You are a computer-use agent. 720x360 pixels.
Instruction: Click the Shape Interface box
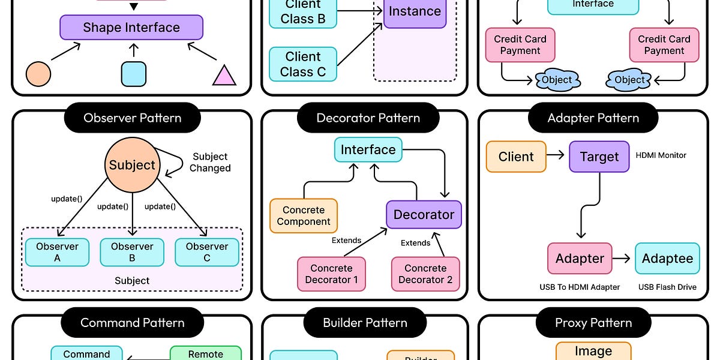click(131, 28)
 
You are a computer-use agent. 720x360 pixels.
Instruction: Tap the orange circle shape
click(38, 74)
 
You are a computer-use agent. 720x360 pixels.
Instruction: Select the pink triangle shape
click(224, 76)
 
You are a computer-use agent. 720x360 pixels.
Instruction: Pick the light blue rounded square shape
click(133, 74)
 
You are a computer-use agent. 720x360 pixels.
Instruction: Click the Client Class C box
click(303, 64)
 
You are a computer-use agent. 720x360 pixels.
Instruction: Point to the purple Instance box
click(415, 11)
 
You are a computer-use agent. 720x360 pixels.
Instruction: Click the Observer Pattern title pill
click(132, 118)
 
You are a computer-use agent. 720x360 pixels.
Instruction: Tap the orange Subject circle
click(132, 165)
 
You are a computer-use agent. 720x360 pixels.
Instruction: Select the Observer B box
click(132, 252)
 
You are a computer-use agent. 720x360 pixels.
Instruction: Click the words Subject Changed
click(210, 163)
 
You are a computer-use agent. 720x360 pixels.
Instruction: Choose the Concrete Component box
click(304, 216)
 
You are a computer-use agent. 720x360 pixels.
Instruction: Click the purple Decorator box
click(424, 214)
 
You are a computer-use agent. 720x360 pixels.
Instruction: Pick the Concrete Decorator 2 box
click(425, 274)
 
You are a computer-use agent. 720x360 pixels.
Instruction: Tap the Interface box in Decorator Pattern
click(368, 150)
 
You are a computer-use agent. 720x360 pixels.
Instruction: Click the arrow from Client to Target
click(556, 156)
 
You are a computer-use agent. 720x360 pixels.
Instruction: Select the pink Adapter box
click(580, 259)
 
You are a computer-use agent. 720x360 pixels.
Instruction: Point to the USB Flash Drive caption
click(667, 287)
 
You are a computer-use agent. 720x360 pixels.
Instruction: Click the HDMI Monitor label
click(661, 155)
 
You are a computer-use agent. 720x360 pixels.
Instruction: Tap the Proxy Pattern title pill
click(593, 323)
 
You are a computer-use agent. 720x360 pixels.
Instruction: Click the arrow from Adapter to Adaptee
click(623, 259)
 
